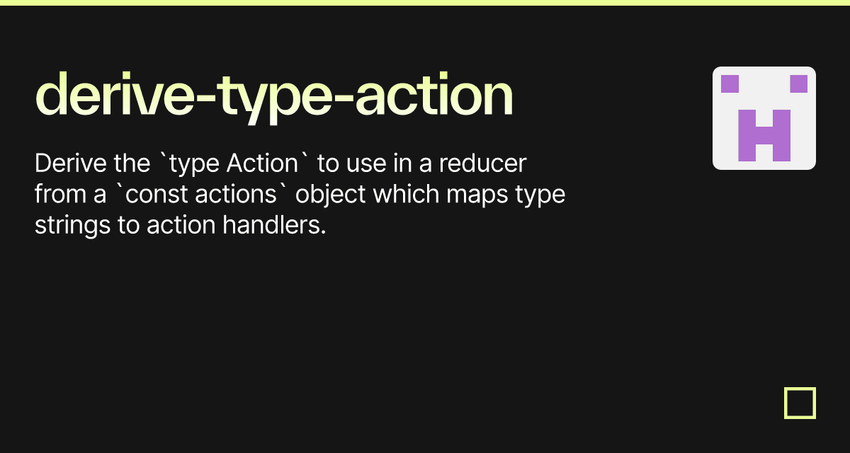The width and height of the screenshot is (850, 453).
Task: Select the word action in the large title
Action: pyautogui.click(x=433, y=96)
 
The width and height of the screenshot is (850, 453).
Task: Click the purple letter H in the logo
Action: pyautogui.click(x=764, y=134)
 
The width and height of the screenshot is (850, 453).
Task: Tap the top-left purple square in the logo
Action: pyautogui.click(x=730, y=84)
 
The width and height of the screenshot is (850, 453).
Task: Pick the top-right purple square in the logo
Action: pyautogui.click(x=798, y=84)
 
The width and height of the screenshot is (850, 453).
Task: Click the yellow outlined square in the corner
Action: pyautogui.click(x=800, y=403)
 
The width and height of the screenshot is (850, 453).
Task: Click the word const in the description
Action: pyautogui.click(x=152, y=194)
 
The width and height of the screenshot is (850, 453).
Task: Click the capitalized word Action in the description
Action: pyautogui.click(x=263, y=164)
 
